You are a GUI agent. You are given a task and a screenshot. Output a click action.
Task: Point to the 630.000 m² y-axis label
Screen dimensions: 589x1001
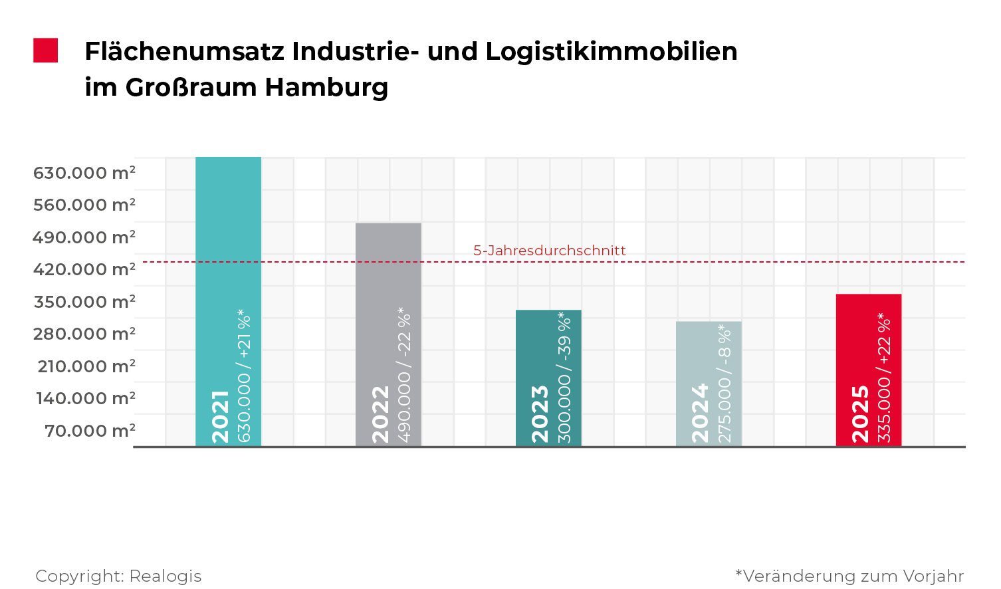(x=84, y=173)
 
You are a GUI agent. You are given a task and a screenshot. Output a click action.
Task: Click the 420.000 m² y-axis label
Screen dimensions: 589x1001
(x=84, y=269)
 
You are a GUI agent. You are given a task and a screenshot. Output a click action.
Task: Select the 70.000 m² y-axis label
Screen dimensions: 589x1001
(x=90, y=431)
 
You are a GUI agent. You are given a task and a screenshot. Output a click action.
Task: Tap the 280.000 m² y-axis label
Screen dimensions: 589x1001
(x=84, y=334)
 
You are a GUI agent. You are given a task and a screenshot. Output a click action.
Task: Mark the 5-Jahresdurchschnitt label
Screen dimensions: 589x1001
(x=549, y=251)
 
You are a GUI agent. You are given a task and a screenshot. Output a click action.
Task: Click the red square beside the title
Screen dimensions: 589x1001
(x=46, y=51)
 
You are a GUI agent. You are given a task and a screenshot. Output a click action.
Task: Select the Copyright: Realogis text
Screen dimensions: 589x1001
(x=118, y=576)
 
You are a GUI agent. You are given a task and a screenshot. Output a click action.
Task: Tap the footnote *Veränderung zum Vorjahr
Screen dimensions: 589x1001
(x=849, y=576)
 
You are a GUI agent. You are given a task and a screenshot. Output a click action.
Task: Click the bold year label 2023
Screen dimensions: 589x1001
(x=540, y=413)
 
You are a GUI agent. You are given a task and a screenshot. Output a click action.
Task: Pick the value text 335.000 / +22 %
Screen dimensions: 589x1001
(x=884, y=377)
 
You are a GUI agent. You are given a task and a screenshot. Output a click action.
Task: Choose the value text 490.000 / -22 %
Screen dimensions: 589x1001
(x=404, y=374)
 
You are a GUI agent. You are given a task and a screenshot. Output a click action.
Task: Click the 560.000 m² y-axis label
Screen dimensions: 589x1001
(x=84, y=205)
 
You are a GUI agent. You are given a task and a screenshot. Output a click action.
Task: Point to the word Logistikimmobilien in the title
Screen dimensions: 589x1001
(x=611, y=51)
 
